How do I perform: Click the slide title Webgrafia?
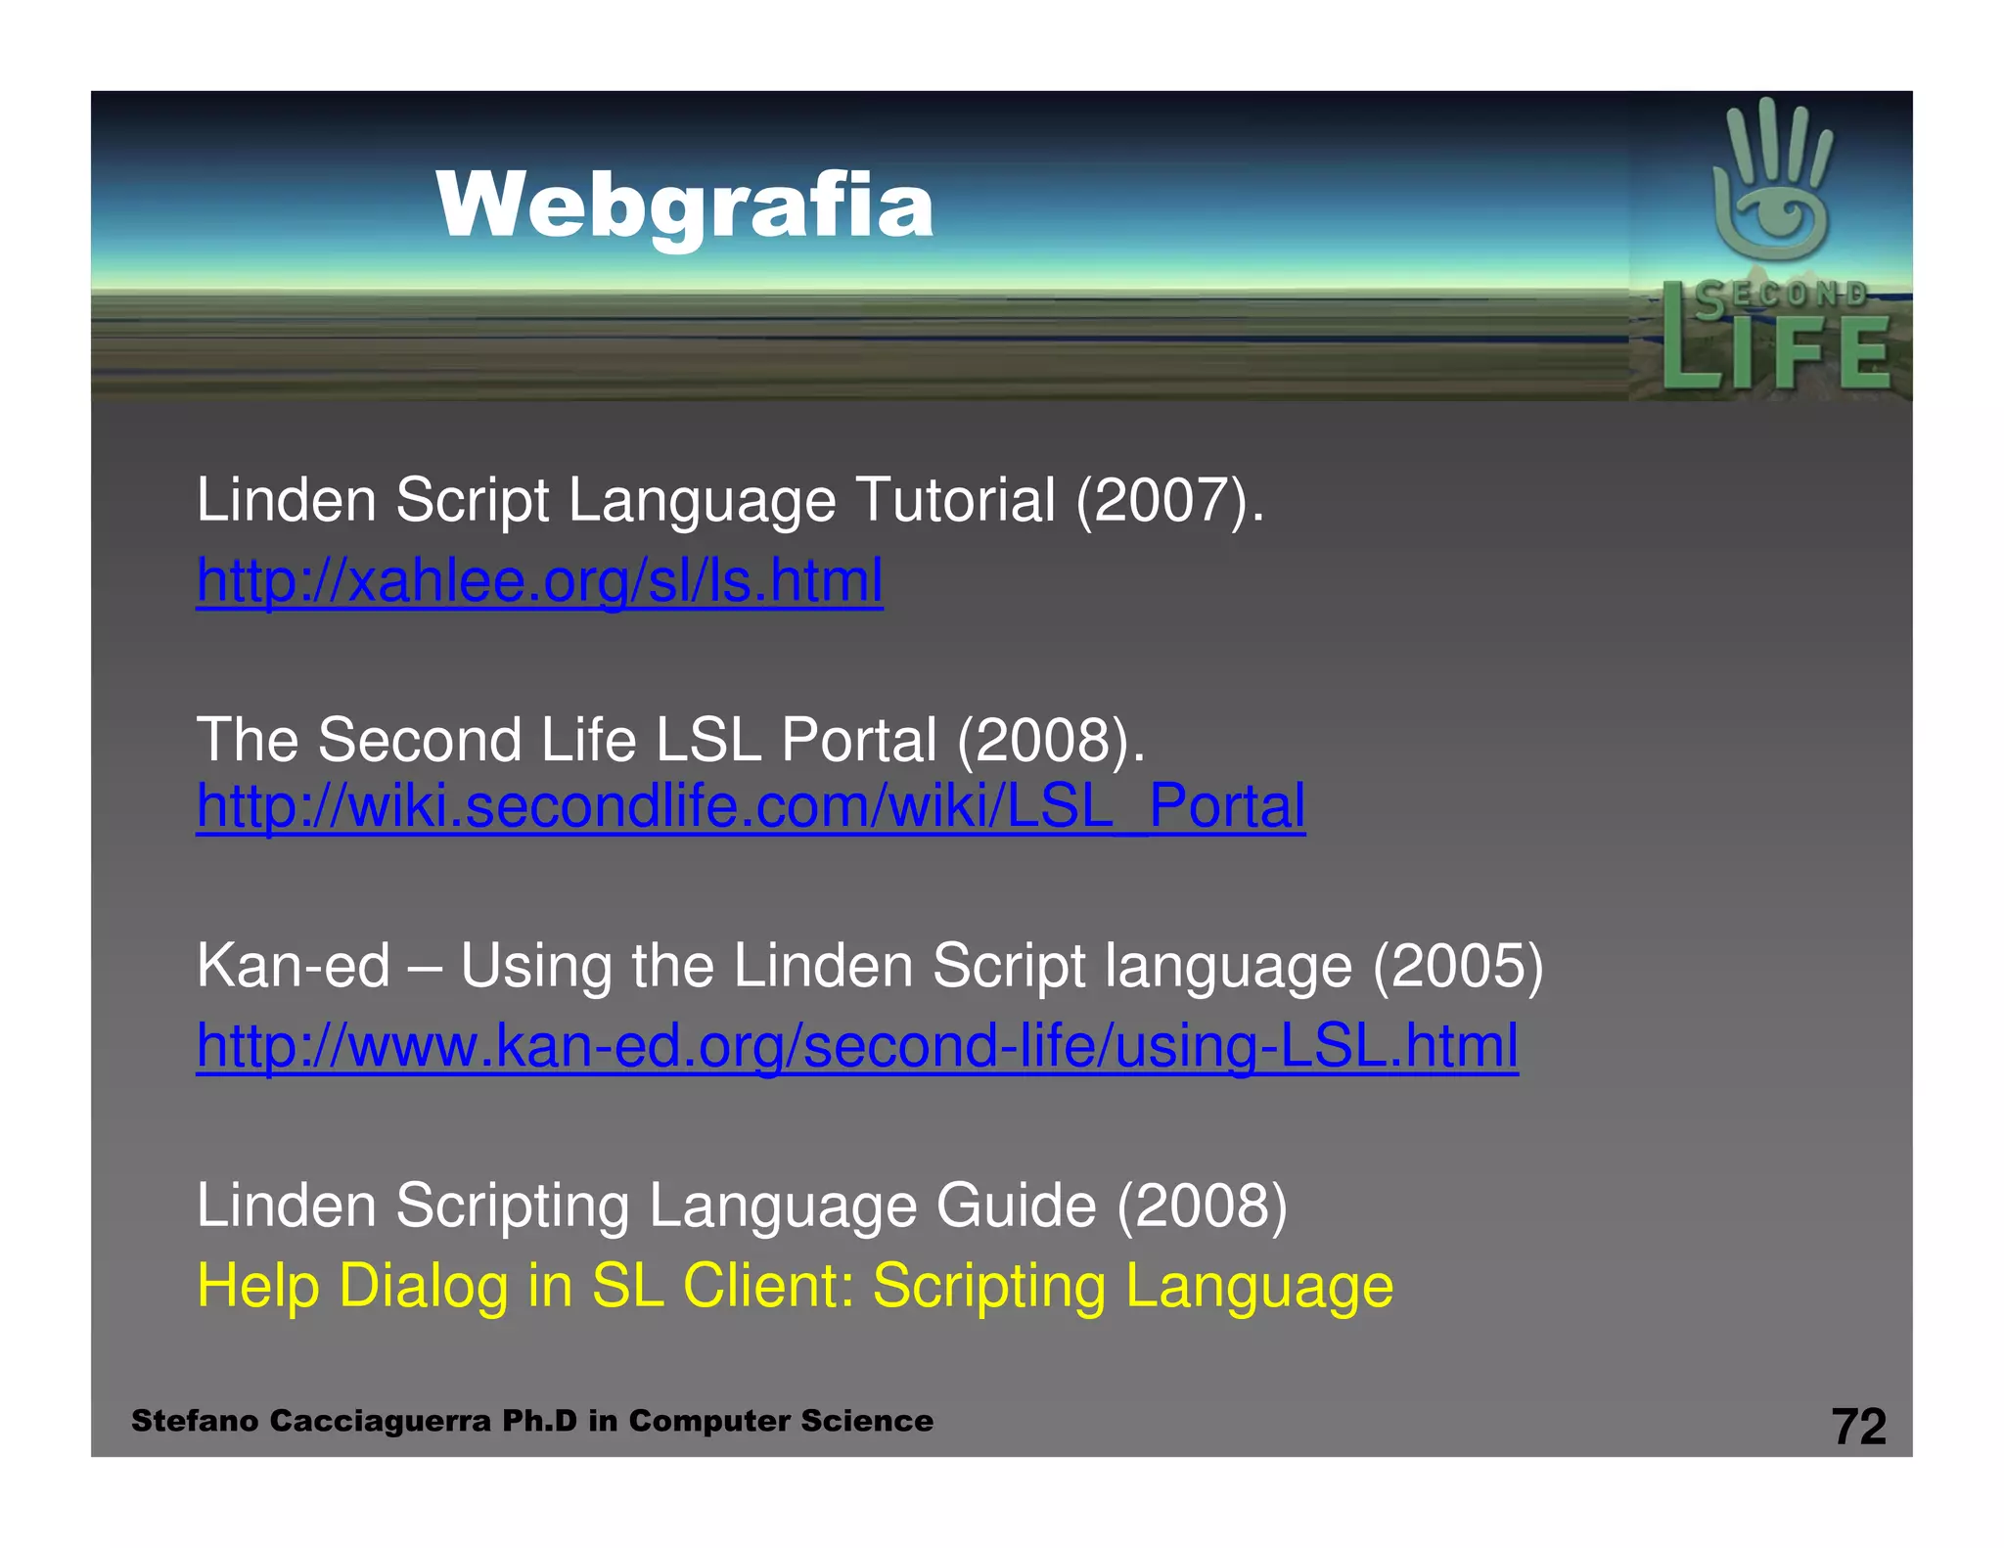684,205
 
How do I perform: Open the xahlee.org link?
539,580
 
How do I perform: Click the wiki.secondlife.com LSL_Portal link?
751,806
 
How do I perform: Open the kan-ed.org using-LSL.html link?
857,1045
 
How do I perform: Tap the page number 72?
1858,1426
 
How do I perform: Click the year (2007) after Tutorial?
1170,501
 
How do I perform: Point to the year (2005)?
1458,967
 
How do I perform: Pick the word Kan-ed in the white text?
293,967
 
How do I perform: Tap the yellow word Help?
258,1286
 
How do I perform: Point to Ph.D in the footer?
539,1421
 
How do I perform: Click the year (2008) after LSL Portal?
1050,740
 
